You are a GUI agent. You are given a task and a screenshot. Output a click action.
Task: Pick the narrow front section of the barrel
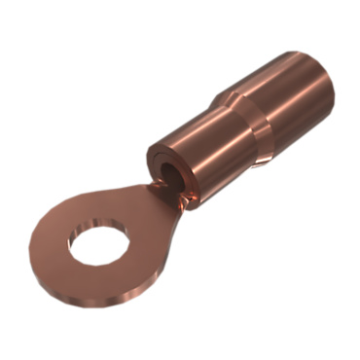(199, 136)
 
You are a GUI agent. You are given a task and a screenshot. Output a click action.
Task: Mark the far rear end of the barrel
(326, 73)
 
